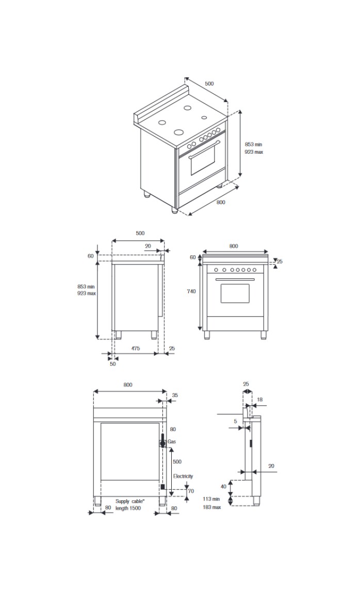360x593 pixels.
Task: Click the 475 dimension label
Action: (135, 349)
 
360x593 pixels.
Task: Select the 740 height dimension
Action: (191, 291)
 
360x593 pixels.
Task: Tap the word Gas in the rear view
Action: (172, 442)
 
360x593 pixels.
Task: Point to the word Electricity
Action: (183, 476)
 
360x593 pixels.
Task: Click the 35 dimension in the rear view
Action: (174, 396)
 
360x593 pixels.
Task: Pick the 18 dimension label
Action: (259, 400)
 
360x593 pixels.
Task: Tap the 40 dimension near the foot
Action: (223, 486)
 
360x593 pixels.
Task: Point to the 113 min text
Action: (212, 499)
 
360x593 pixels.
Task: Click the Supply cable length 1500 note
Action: (129, 504)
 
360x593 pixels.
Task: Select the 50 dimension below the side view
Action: (112, 363)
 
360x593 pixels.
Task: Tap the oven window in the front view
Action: (235, 293)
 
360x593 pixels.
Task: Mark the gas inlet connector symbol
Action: (162, 442)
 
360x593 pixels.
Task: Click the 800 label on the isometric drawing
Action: (221, 202)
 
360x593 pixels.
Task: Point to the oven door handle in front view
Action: (235, 279)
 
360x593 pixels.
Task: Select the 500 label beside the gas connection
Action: (176, 462)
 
